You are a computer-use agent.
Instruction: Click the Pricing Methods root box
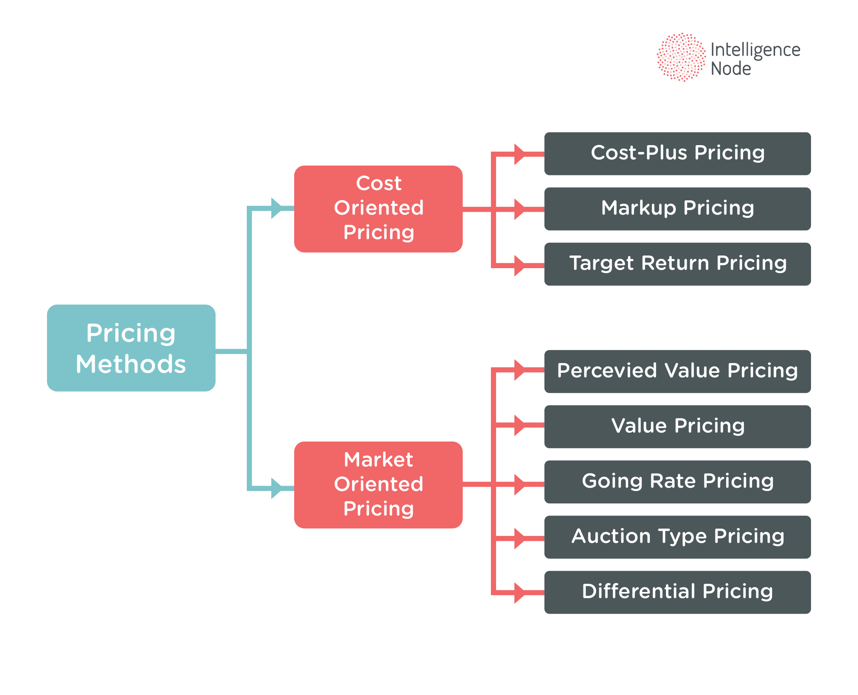click(x=131, y=348)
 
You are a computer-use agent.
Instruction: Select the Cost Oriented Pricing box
click(x=378, y=209)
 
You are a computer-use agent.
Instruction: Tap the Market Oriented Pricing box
click(x=378, y=485)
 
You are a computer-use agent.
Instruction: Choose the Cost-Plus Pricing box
click(x=677, y=154)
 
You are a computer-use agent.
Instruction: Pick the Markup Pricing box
click(x=677, y=209)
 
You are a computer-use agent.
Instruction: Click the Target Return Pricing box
click(x=677, y=264)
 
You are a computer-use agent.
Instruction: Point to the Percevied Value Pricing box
click(x=677, y=372)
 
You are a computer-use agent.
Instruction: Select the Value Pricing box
click(x=677, y=427)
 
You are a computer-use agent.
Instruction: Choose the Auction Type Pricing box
click(x=677, y=537)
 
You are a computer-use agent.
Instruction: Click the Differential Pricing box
click(x=677, y=592)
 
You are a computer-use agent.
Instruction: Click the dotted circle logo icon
click(x=681, y=57)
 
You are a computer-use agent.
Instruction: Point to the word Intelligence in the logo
click(x=755, y=50)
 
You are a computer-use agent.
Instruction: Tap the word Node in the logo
click(x=731, y=69)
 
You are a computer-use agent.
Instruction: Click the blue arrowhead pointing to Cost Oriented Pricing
click(x=277, y=208)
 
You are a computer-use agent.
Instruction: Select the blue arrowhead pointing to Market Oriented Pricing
click(x=277, y=488)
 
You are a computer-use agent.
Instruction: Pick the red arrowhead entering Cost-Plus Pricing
click(x=519, y=154)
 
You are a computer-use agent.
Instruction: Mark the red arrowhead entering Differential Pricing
click(x=519, y=593)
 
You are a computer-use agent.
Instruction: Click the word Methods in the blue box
click(x=131, y=364)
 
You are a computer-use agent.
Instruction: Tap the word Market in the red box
click(x=378, y=460)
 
